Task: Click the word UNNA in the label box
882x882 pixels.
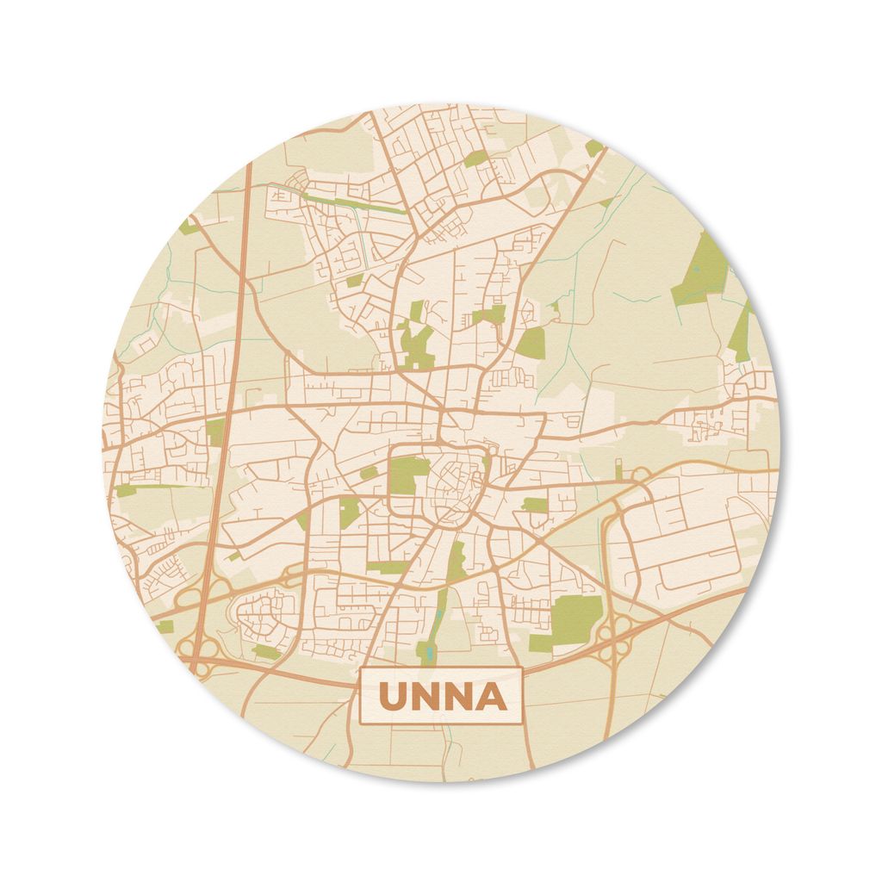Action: pyautogui.click(x=440, y=696)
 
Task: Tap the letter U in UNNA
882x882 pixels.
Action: pyautogui.click(x=394, y=696)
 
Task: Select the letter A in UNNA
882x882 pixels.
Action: pyautogui.click(x=488, y=696)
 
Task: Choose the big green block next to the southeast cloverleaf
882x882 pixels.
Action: pyautogui.click(x=574, y=617)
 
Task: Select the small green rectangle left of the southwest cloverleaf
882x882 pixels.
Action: pyautogui.click(x=165, y=626)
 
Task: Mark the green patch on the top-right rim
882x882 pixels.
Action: pyautogui.click(x=594, y=147)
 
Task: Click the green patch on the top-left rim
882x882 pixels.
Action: pyautogui.click(x=188, y=227)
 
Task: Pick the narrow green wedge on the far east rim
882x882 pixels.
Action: pyautogui.click(x=741, y=332)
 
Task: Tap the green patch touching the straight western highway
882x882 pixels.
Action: pyautogui.click(x=215, y=431)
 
